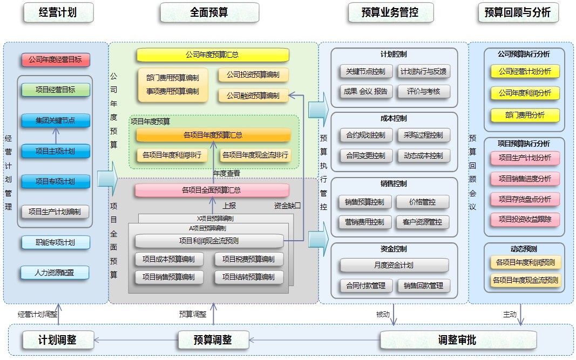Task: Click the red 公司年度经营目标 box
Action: tap(56, 60)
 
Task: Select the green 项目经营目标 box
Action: tap(56, 90)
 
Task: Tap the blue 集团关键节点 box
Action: tap(56, 120)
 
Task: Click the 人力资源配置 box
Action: tap(55, 273)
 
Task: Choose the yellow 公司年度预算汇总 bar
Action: tap(212, 55)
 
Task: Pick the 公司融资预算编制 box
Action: tap(253, 96)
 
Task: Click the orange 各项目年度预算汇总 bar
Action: tap(213, 135)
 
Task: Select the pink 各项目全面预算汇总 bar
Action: tap(212, 190)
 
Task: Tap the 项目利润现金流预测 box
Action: tap(209, 241)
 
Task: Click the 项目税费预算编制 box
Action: tap(248, 259)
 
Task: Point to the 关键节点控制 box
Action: tap(365, 71)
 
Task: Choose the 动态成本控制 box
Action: tap(423, 155)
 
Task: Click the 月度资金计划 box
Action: tap(394, 265)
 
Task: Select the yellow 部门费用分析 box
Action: tap(525, 115)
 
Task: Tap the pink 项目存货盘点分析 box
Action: tap(525, 199)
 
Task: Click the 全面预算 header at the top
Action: tap(209, 12)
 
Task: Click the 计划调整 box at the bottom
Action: tap(57, 340)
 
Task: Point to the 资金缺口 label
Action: tap(287, 206)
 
